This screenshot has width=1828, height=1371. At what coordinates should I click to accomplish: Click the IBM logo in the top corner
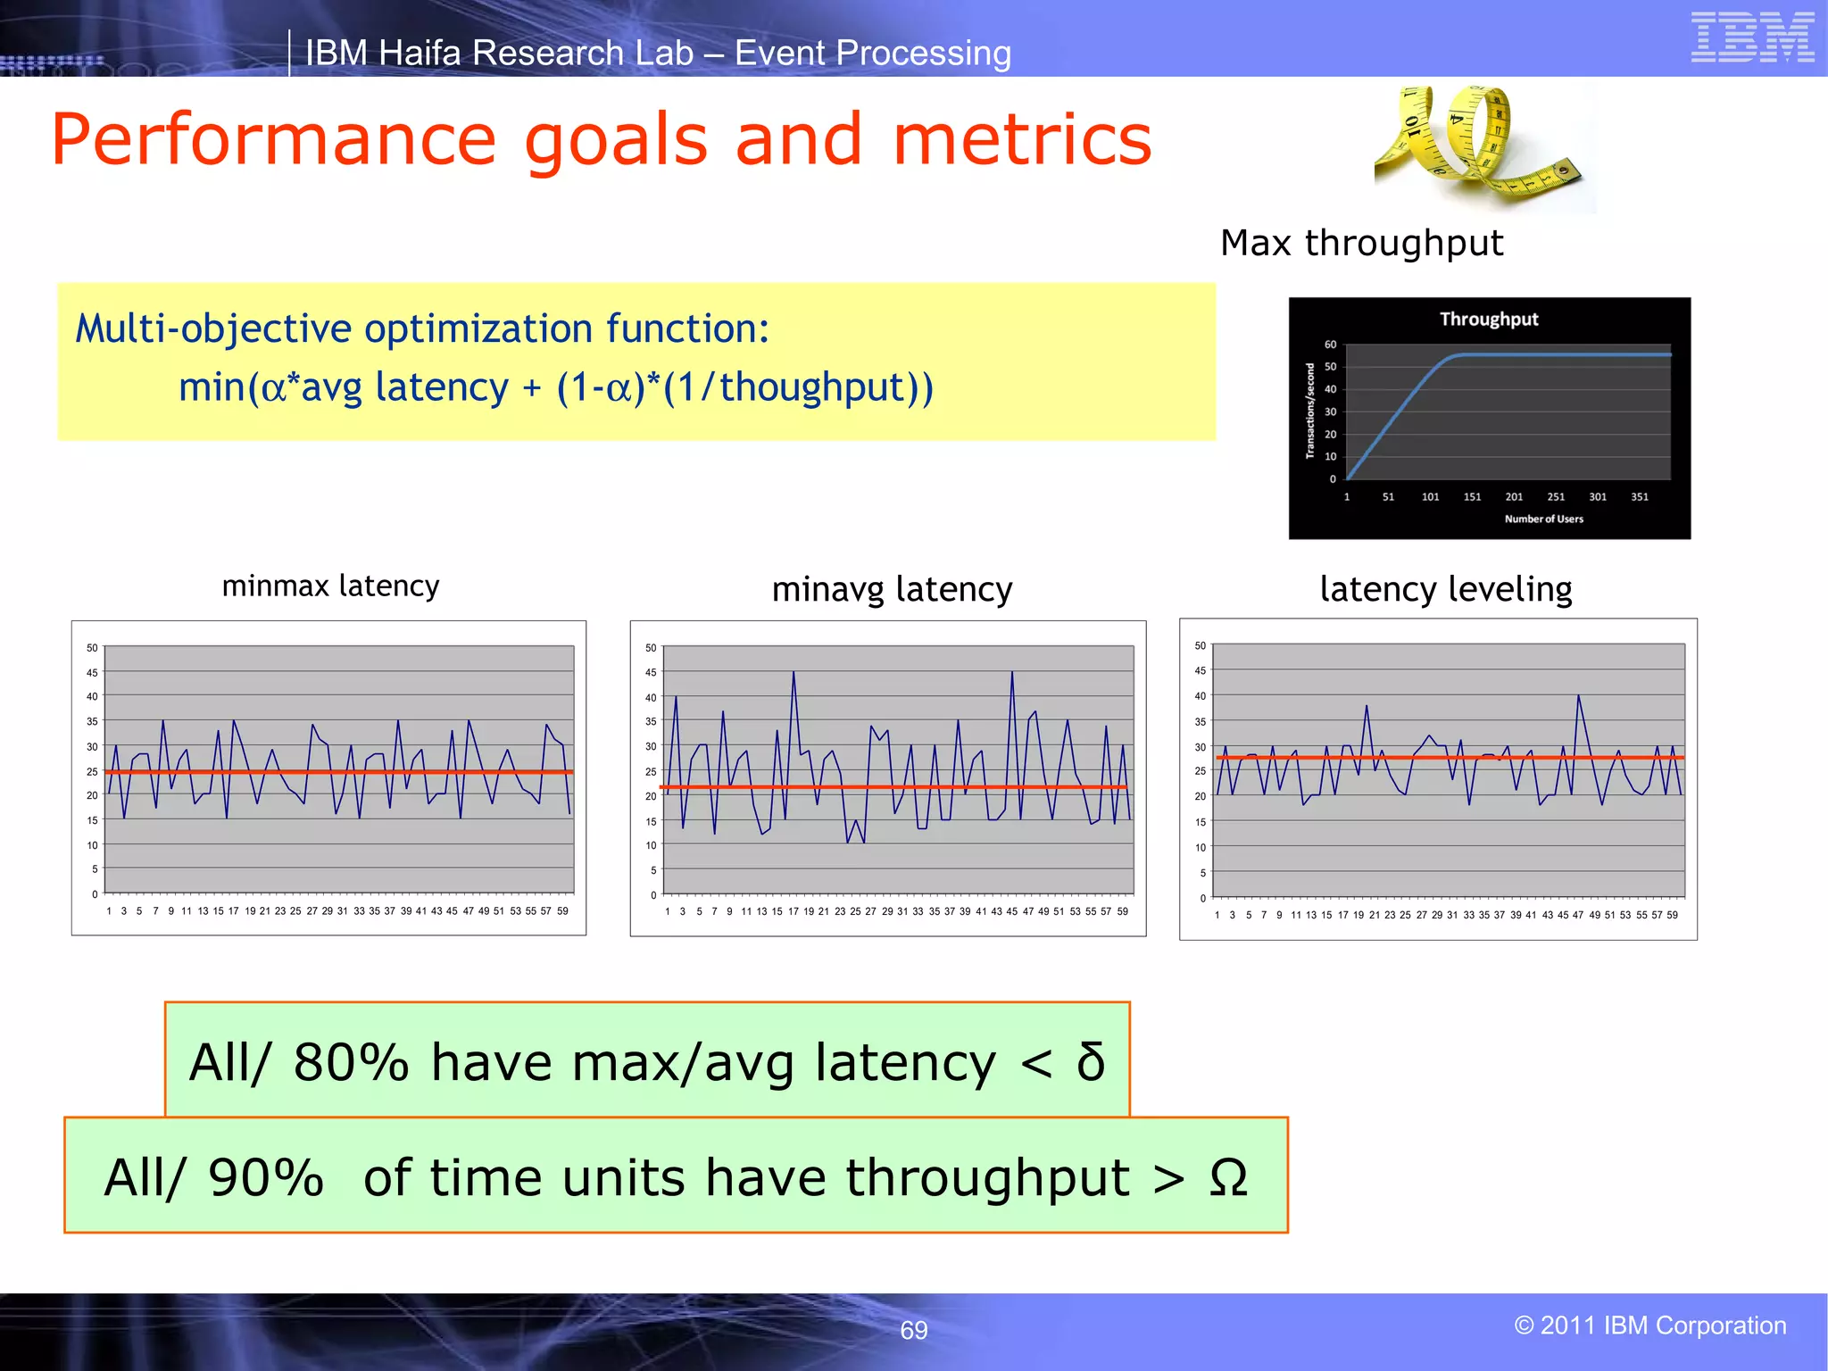tap(1752, 37)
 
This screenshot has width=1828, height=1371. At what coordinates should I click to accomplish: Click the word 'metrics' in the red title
tap(1022, 140)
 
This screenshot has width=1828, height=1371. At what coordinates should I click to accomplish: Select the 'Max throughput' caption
tap(1361, 243)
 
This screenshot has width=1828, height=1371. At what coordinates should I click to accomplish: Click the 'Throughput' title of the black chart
tap(1489, 319)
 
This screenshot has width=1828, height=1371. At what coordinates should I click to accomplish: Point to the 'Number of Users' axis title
tap(1543, 519)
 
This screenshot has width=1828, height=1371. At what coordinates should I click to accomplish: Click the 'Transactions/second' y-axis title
tap(1310, 411)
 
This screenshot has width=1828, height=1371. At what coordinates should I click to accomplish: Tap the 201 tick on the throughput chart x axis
tap(1514, 497)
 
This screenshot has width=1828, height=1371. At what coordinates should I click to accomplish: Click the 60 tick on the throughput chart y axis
tap(1330, 345)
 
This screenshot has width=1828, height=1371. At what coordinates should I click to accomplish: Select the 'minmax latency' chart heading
tap(330, 586)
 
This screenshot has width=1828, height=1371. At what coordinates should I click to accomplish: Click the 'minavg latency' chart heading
tap(892, 590)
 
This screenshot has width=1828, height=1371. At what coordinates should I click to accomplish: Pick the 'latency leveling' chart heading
tap(1445, 589)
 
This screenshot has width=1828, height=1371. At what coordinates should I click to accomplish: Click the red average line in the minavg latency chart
tap(893, 786)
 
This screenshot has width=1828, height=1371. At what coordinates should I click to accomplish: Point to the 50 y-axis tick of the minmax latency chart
tap(92, 648)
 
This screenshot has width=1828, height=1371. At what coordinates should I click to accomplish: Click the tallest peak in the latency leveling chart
tap(1578, 696)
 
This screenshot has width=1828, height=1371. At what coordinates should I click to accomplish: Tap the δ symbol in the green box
tap(1091, 1062)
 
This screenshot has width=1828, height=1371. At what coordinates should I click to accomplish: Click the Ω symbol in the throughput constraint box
tap(1228, 1177)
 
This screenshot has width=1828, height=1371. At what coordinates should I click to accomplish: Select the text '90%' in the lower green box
tap(265, 1177)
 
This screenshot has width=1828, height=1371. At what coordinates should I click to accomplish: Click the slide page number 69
tap(913, 1330)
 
